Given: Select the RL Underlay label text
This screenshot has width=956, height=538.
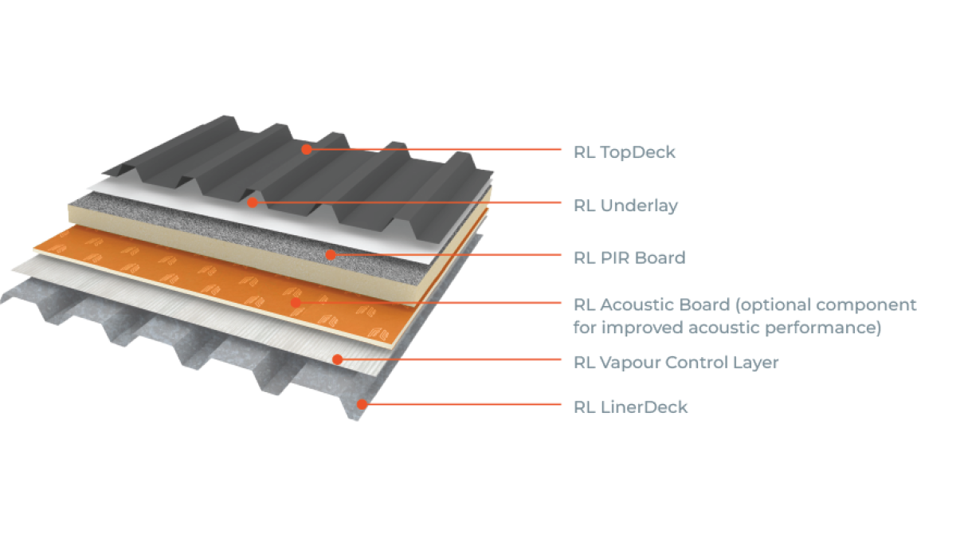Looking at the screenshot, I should tap(625, 206).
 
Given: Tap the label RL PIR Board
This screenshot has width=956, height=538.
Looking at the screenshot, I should tap(629, 258).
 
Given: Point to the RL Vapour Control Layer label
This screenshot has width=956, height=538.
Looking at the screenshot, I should tap(676, 363).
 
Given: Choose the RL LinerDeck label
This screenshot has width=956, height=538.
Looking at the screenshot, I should tap(630, 407).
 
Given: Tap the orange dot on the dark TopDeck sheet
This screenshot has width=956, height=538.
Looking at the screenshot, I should tap(306, 148).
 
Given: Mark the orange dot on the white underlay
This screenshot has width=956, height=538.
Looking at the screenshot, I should tap(253, 202).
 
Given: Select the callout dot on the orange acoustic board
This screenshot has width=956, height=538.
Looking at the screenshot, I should tap(295, 302).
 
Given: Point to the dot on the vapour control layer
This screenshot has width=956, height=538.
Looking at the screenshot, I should tap(338, 359).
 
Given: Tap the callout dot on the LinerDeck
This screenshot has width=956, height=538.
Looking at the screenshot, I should tap(362, 404).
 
